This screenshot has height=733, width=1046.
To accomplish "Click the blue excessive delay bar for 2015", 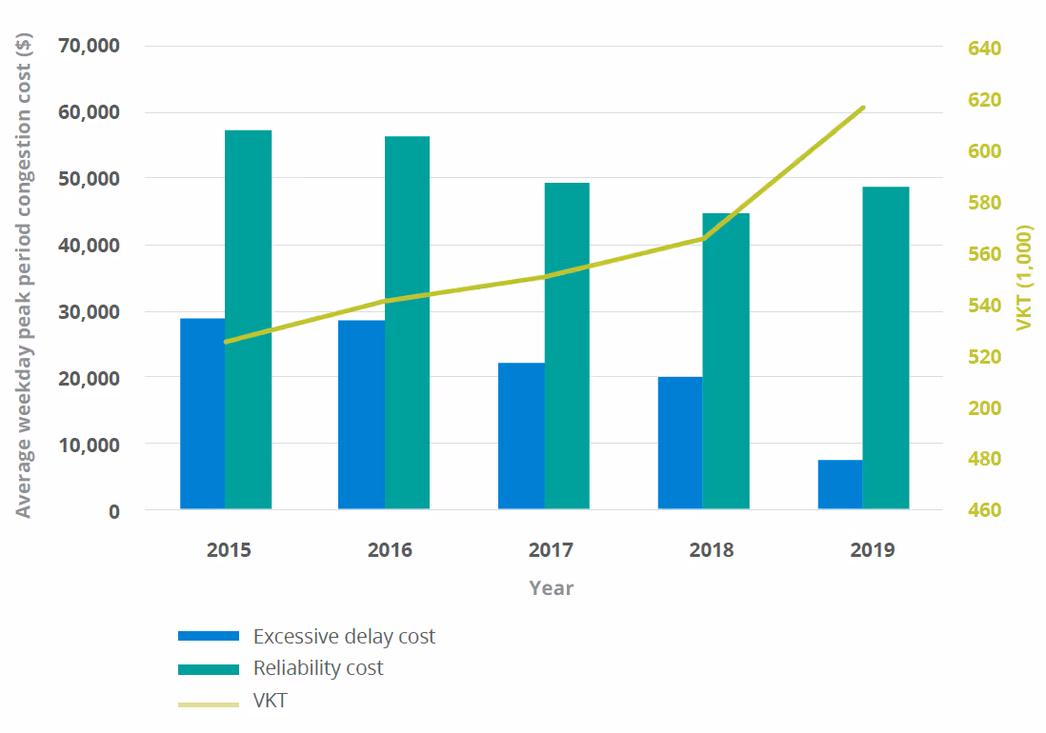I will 202,414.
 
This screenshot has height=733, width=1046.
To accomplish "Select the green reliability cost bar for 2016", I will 407,324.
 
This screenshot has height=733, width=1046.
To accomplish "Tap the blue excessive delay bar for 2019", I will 839,485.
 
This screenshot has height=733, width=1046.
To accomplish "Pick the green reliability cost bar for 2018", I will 726,362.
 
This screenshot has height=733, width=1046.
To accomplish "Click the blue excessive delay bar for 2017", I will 521,436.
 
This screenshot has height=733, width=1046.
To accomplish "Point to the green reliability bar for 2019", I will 886,348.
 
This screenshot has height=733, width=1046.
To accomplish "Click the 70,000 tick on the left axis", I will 89,46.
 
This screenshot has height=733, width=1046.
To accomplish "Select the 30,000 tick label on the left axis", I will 89,311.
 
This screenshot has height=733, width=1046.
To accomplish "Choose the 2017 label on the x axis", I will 551,550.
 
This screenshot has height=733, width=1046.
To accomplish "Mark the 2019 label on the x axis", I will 871,550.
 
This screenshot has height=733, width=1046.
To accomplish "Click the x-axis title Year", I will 552,587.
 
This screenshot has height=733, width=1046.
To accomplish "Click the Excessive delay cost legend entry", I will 343,636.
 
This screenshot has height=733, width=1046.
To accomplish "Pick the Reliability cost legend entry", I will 317,668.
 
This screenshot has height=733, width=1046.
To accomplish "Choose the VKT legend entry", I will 270,702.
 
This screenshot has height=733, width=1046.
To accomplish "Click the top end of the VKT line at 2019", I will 863,108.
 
